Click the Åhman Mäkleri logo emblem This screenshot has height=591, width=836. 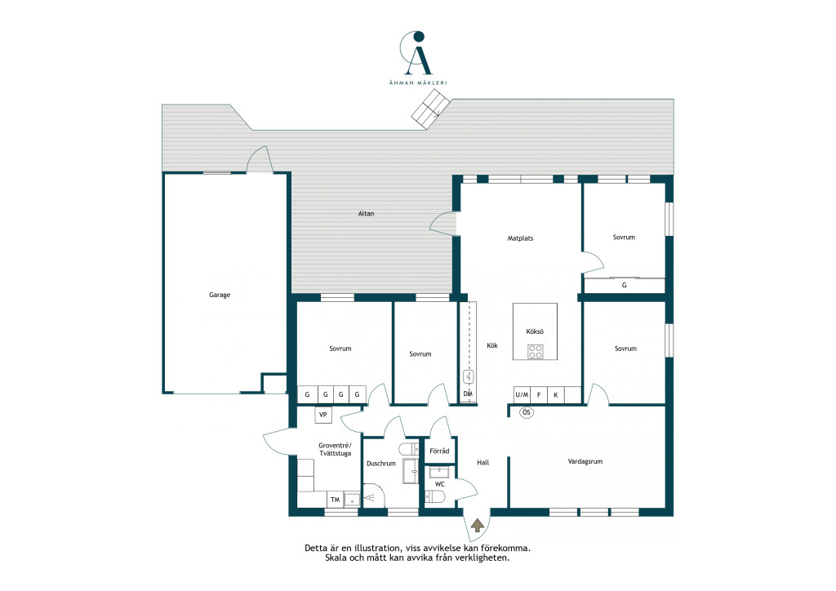[416, 53]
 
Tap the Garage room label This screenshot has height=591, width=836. [220, 295]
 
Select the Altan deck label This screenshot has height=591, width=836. [366, 214]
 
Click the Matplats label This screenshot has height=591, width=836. [520, 238]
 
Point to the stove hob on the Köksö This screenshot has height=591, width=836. [536, 351]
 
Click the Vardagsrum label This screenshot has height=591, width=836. [585, 461]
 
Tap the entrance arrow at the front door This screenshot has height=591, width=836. [478, 526]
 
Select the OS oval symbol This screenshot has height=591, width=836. [527, 412]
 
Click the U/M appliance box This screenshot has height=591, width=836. [522, 395]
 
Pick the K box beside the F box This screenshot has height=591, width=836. [555, 395]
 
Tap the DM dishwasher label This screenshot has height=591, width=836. [468, 393]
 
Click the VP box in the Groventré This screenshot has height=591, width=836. [323, 415]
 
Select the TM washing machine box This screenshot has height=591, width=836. [335, 500]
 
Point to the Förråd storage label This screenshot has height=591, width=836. [439, 451]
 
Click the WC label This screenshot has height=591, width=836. [440, 484]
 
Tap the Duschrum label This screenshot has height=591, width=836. [380, 464]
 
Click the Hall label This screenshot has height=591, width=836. [483, 463]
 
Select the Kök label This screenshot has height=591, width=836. [492, 346]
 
